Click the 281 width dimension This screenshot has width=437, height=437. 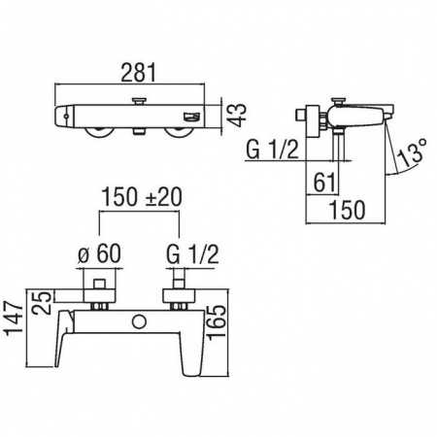tap(139, 73)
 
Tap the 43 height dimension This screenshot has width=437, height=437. tap(237, 116)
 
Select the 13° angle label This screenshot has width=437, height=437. tap(412, 153)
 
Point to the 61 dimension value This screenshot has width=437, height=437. tap(324, 183)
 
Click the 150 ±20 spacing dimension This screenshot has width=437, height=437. tap(142, 197)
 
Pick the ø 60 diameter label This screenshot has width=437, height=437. tap(100, 253)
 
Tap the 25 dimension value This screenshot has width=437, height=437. tap(42, 303)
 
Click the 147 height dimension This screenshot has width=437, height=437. tap(15, 319)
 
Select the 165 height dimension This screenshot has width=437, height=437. tap(217, 322)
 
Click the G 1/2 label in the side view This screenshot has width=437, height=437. tap(272, 150)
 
